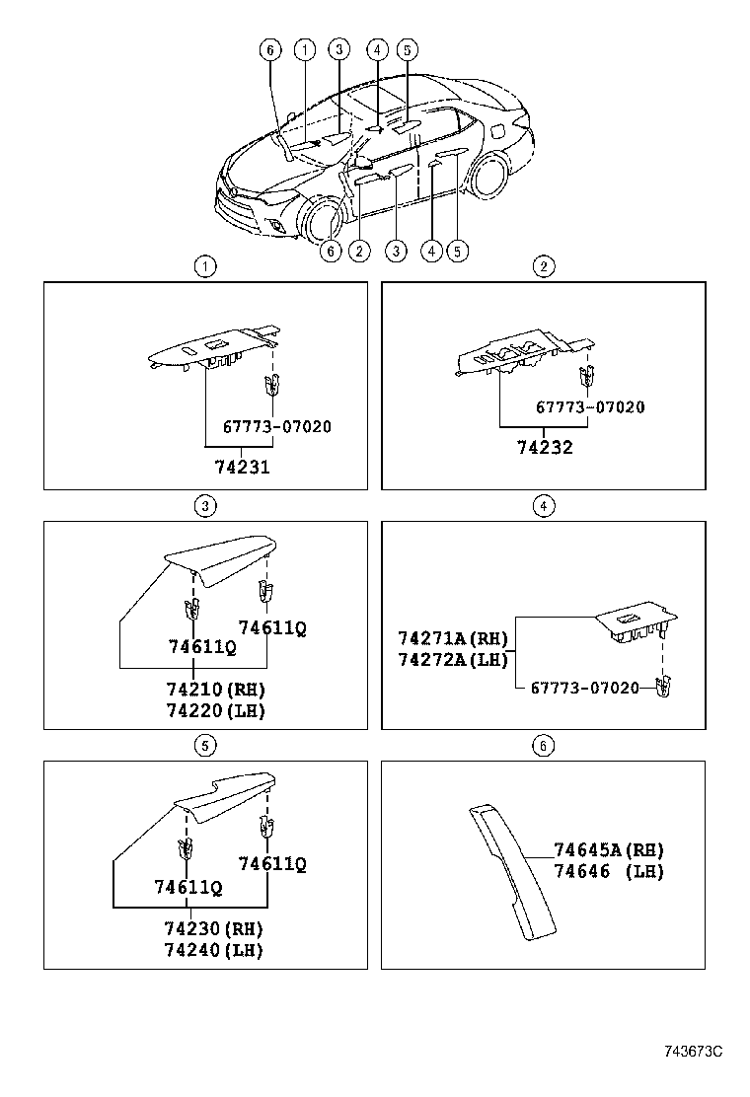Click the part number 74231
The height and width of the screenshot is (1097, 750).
tap(243, 468)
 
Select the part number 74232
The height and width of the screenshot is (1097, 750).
tap(545, 447)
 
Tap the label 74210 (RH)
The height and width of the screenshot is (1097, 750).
tap(215, 689)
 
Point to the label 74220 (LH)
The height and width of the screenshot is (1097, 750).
tap(215, 709)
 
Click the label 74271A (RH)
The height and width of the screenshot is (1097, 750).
tap(453, 638)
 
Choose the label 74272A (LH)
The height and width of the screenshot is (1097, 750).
tap(453, 659)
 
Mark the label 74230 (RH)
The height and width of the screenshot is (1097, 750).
tap(214, 928)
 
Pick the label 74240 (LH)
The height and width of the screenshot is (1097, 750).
tap(214, 950)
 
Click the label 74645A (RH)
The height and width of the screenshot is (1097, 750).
tap(609, 849)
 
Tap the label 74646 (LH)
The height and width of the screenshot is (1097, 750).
tap(609, 871)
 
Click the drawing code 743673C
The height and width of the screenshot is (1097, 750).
tap(693, 1052)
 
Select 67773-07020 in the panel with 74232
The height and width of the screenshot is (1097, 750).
tap(590, 406)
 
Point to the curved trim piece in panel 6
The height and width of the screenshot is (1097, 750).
tap(511, 868)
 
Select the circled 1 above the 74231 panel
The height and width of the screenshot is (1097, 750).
tap(204, 265)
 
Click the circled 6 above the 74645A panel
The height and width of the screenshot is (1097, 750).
tap(543, 746)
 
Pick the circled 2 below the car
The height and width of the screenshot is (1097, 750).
tap(360, 252)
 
